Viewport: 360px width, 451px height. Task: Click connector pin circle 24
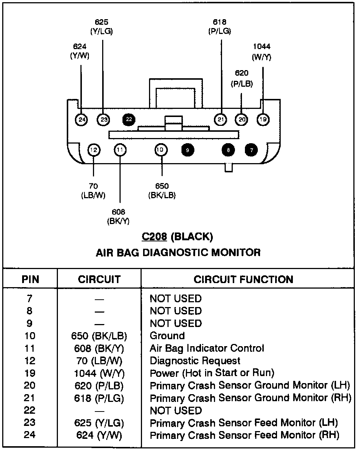point(82,119)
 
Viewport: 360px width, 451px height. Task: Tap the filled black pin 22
point(129,119)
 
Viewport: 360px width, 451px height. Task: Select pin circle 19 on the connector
point(263,119)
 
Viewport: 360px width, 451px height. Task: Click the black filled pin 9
point(188,150)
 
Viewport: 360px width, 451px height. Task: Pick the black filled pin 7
point(252,150)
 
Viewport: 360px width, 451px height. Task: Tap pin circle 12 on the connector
point(94,150)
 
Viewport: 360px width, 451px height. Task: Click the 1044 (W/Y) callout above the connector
point(262,52)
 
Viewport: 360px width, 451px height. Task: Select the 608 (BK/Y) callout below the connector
point(118,217)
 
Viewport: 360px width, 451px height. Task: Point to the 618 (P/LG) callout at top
point(220,27)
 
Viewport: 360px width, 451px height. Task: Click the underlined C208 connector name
point(154,237)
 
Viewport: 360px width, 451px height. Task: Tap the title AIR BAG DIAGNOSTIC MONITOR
point(178,252)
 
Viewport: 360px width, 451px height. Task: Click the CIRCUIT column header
point(99,279)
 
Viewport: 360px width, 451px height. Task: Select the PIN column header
point(30,279)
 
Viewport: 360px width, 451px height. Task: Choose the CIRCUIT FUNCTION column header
point(243,279)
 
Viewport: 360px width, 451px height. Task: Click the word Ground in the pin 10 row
point(167,336)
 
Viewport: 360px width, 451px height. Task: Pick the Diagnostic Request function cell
point(195,361)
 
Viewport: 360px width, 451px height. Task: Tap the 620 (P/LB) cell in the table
point(99,386)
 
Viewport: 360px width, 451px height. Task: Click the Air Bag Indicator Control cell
point(207,348)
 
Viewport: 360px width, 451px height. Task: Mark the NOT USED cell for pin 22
point(176,410)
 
